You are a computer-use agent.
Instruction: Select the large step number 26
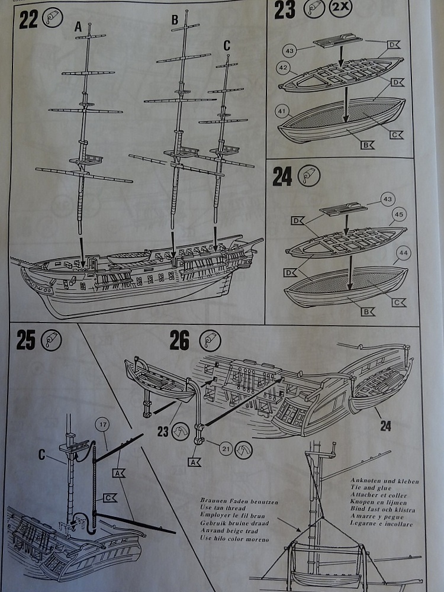(179, 341)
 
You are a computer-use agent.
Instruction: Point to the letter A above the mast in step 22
(78, 27)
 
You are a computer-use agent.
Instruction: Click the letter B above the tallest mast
(175, 20)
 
